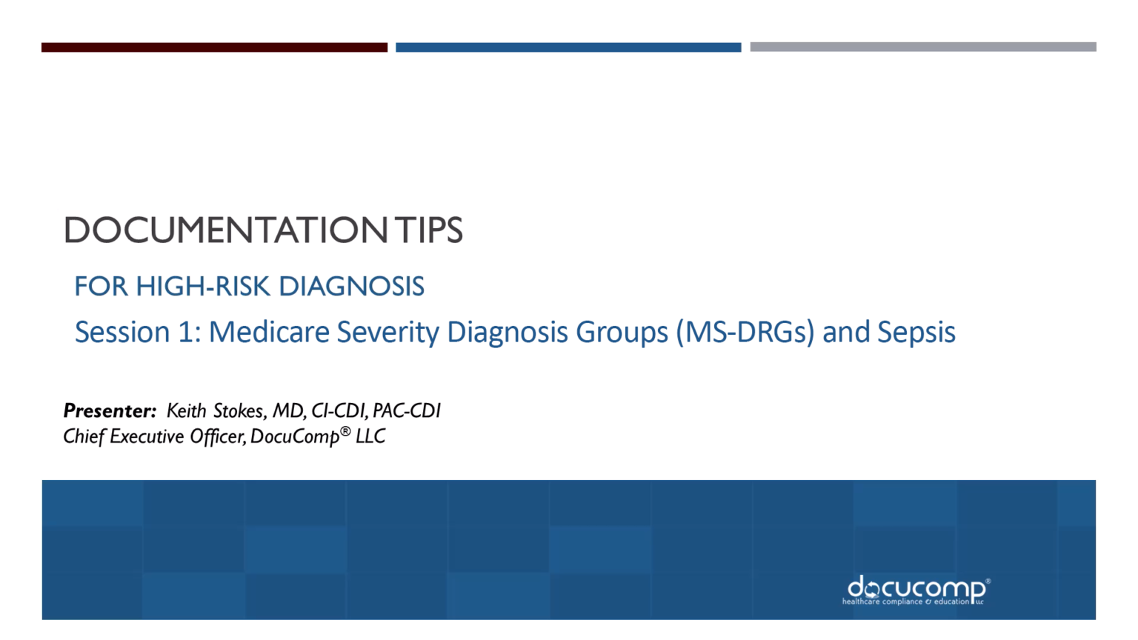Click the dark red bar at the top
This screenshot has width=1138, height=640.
214,47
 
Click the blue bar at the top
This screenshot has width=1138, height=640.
568,47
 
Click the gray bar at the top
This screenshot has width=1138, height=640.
922,47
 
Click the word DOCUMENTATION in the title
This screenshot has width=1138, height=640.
225,230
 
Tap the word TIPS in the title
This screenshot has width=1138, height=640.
428,230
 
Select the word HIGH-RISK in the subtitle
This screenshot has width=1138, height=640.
202,287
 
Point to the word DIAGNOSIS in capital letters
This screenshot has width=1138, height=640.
351,287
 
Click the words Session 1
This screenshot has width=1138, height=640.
138,332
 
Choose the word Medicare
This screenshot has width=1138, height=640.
269,332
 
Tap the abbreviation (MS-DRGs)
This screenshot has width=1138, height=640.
745,332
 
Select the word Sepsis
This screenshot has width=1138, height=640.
916,332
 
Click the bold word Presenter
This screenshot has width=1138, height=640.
110,411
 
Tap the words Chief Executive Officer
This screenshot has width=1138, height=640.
153,437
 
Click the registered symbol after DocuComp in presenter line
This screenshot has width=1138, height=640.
345,431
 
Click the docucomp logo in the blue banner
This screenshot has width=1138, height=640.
916,590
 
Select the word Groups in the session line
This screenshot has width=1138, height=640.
622,332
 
